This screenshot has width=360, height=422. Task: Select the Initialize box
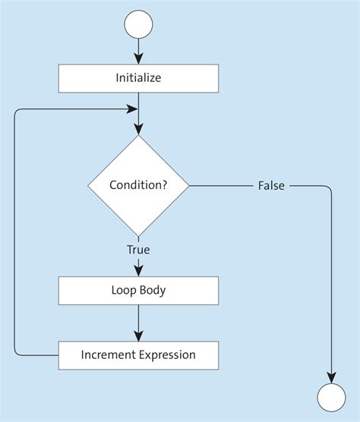tap(138, 78)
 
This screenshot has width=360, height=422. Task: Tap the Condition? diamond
tap(138, 185)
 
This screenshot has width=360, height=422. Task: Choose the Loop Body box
tap(138, 290)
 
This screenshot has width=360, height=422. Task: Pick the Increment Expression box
tap(138, 354)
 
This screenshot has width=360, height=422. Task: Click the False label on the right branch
tap(271, 185)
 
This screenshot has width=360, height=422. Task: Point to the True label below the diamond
tap(138, 249)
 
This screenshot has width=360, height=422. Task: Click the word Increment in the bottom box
tap(108, 354)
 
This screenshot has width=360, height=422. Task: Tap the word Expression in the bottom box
tap(166, 354)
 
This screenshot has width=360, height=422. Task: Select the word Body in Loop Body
tap(153, 290)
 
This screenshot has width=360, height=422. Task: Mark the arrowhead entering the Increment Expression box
tap(138, 335)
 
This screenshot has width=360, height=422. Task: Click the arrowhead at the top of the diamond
tap(138, 130)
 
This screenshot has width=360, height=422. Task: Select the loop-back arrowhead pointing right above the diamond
tap(132, 109)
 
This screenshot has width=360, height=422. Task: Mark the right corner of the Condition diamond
tap(188, 185)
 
